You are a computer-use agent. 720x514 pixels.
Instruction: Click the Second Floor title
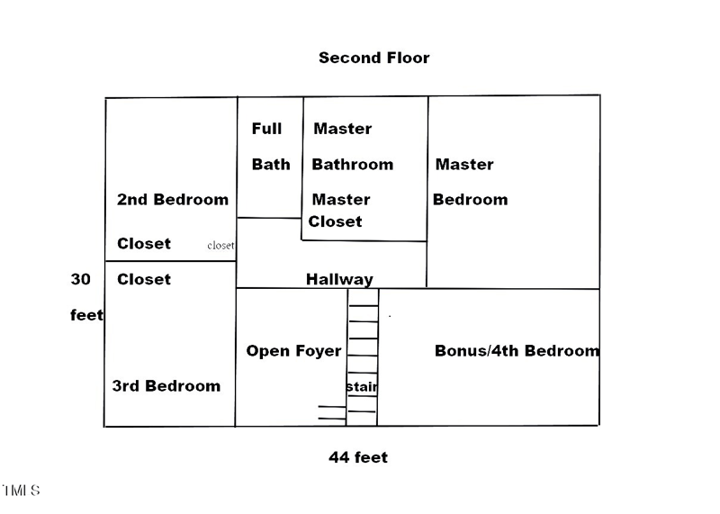(373, 58)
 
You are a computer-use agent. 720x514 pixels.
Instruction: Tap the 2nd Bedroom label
(172, 199)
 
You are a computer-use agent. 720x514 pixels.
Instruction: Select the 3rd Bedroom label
(166, 386)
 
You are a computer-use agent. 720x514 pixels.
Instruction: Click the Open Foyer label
(293, 351)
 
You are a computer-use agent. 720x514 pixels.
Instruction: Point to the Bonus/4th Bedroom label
(517, 351)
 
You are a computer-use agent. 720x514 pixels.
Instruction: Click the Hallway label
(338, 280)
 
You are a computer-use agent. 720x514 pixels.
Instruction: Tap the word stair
(362, 387)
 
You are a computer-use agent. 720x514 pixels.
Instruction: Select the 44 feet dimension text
(358, 457)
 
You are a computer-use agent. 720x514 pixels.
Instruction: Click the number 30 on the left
(81, 279)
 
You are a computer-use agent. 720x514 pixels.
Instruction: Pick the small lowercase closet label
(220, 245)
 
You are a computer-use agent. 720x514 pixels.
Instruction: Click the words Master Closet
(337, 211)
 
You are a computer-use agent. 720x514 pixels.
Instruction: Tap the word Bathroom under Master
(352, 165)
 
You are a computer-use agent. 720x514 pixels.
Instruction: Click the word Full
(266, 129)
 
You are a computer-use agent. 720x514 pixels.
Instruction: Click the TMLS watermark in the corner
(22, 491)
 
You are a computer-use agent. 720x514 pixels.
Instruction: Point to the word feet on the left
(86, 316)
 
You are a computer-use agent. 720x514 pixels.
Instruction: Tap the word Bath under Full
(270, 165)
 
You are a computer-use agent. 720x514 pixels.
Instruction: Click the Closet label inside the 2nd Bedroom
(143, 244)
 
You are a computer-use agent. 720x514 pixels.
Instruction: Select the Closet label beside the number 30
(143, 279)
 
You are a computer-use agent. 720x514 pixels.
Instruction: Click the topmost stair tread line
(363, 307)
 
